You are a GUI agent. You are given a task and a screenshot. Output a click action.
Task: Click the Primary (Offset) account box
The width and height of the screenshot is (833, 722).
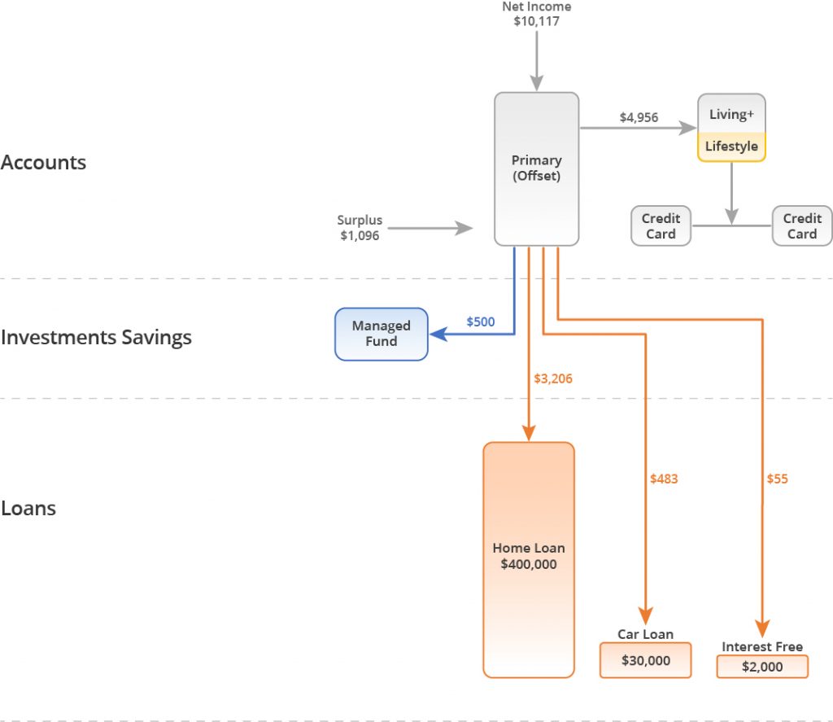pyautogui.click(x=536, y=168)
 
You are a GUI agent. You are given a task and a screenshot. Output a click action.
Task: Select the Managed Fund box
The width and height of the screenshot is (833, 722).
pyautogui.click(x=382, y=334)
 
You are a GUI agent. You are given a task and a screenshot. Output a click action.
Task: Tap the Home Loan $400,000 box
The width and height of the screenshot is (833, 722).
pyautogui.click(x=529, y=559)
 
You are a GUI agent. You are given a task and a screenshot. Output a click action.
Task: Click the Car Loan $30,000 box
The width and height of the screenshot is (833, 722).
pyautogui.click(x=645, y=660)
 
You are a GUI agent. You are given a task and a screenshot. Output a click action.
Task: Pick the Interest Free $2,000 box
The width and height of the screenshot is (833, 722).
pyautogui.click(x=762, y=667)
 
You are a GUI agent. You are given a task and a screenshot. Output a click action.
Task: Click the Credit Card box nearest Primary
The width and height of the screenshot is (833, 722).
pyautogui.click(x=661, y=226)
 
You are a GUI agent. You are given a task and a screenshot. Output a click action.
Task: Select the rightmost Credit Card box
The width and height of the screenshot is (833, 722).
pyautogui.click(x=802, y=226)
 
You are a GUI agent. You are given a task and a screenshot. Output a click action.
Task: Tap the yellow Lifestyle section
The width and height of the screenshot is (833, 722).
pyautogui.click(x=731, y=147)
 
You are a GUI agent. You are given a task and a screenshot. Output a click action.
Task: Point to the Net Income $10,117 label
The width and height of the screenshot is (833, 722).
pyautogui.click(x=536, y=14)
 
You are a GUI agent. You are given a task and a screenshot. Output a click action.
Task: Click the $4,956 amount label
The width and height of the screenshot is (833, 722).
pyautogui.click(x=639, y=117)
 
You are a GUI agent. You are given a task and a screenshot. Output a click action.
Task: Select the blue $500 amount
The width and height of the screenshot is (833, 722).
pyautogui.click(x=480, y=322)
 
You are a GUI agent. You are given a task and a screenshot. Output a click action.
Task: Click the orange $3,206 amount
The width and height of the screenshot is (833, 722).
pyautogui.click(x=553, y=379)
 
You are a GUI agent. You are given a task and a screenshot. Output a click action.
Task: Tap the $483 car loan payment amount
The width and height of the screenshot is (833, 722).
pyautogui.click(x=664, y=479)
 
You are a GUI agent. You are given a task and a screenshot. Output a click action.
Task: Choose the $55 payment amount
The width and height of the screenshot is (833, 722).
pyautogui.click(x=777, y=479)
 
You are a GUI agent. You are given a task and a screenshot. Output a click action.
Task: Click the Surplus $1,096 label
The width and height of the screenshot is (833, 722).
pyautogui.click(x=360, y=228)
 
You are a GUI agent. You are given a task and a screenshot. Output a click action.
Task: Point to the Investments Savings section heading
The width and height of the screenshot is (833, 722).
pyautogui.click(x=96, y=337)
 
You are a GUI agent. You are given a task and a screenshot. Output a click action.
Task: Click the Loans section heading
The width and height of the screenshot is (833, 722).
pyautogui.click(x=28, y=509)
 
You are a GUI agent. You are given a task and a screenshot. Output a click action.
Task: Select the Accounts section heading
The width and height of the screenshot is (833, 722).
pyautogui.click(x=43, y=162)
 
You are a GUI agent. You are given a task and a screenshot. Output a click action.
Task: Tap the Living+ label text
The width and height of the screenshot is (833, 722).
pyautogui.click(x=731, y=114)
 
